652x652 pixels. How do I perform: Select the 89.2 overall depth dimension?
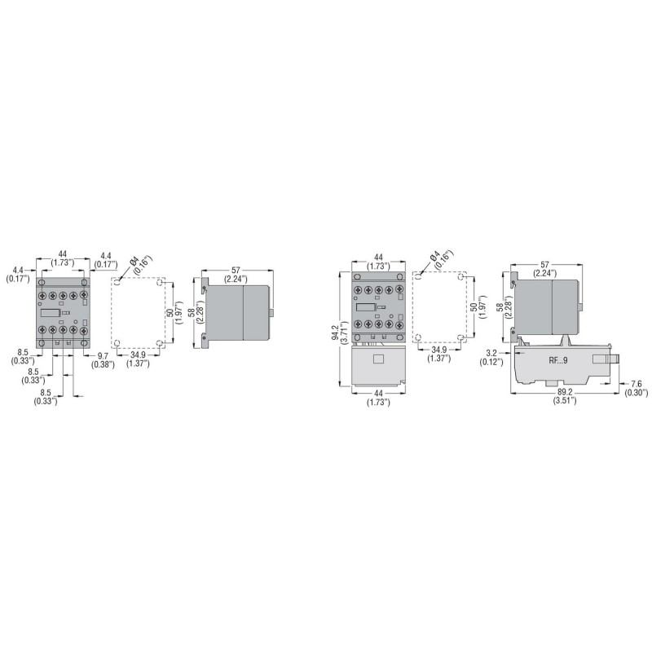pos(564,392)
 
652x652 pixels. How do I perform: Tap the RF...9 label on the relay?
pos(558,360)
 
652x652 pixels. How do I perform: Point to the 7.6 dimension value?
pos(637,384)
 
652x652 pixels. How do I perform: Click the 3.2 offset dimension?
pos(491,354)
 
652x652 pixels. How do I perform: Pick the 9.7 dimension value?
pos(103,356)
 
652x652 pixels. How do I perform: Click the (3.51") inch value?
pos(564,400)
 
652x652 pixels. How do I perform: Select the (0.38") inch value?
pos(103,364)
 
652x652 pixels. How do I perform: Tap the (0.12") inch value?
pos(491,362)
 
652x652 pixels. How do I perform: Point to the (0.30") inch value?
pos(637,393)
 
